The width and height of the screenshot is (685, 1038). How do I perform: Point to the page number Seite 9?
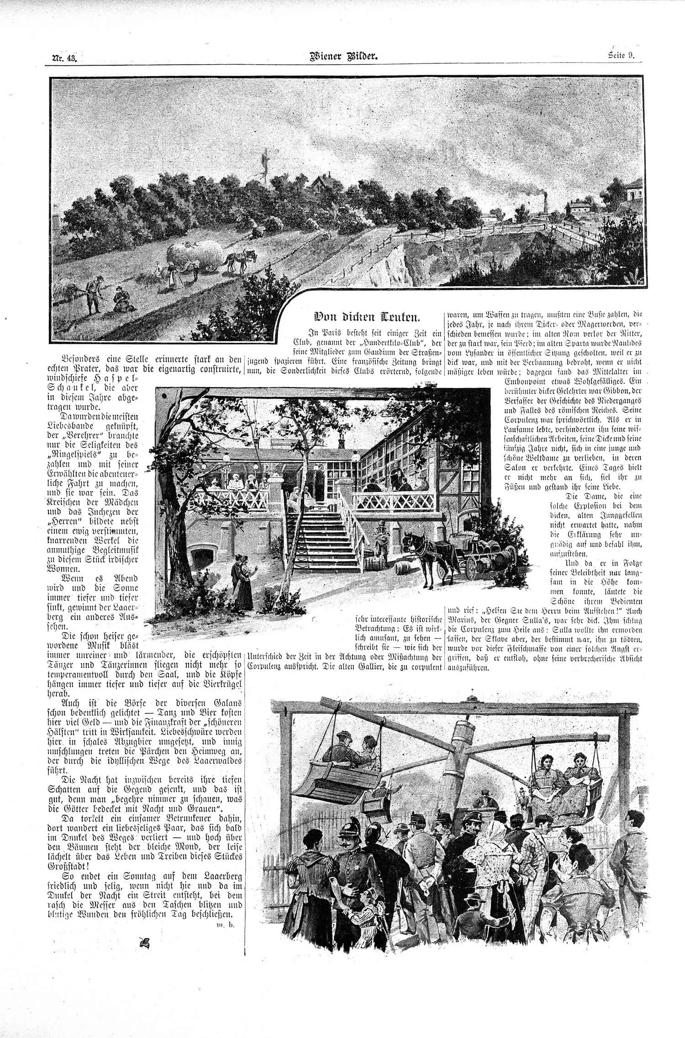622,56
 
